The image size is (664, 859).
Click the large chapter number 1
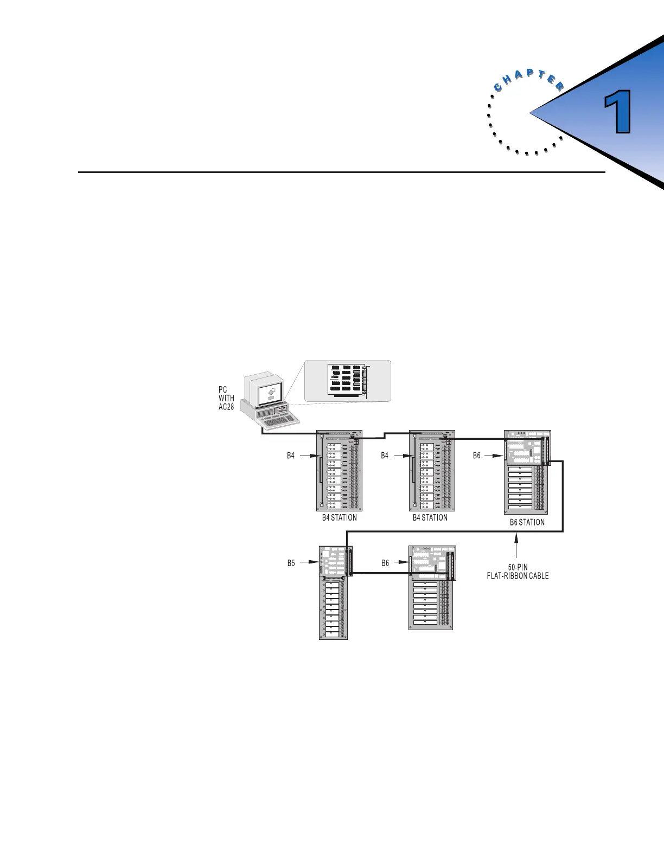click(617, 112)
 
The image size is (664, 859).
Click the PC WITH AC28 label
click(226, 398)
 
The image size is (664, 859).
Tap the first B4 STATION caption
click(340, 517)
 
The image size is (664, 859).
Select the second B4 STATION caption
click(430, 517)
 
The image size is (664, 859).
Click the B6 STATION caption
click(527, 522)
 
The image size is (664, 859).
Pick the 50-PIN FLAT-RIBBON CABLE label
click(518, 572)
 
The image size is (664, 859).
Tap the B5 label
click(291, 563)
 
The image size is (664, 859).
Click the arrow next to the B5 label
click(310, 563)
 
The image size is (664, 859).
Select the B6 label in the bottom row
click(385, 563)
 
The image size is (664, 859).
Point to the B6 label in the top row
click(476, 456)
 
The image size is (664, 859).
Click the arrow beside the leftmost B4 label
click(308, 456)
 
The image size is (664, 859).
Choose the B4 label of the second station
click(385, 456)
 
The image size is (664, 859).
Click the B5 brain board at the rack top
click(335, 561)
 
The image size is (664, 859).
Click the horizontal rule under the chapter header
click(341, 172)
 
